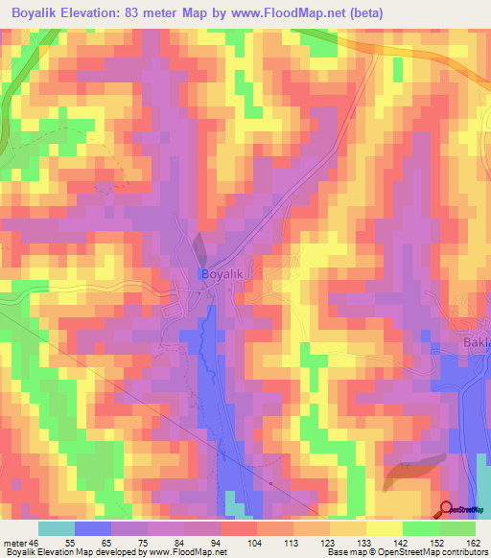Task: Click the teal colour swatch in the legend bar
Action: point(56,528)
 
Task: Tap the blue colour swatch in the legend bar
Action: point(92,528)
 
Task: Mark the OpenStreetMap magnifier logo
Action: point(447,510)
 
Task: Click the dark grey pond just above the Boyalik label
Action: point(199,246)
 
